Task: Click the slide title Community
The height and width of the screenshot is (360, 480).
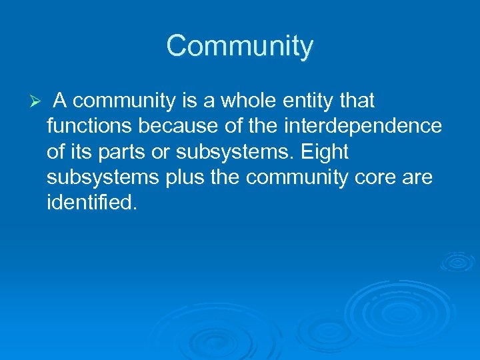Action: (239, 46)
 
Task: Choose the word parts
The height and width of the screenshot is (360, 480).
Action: (129, 153)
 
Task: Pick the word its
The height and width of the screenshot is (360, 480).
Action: (82, 153)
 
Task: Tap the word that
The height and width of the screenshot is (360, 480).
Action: (356, 101)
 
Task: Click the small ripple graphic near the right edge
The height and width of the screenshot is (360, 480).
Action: (457, 262)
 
